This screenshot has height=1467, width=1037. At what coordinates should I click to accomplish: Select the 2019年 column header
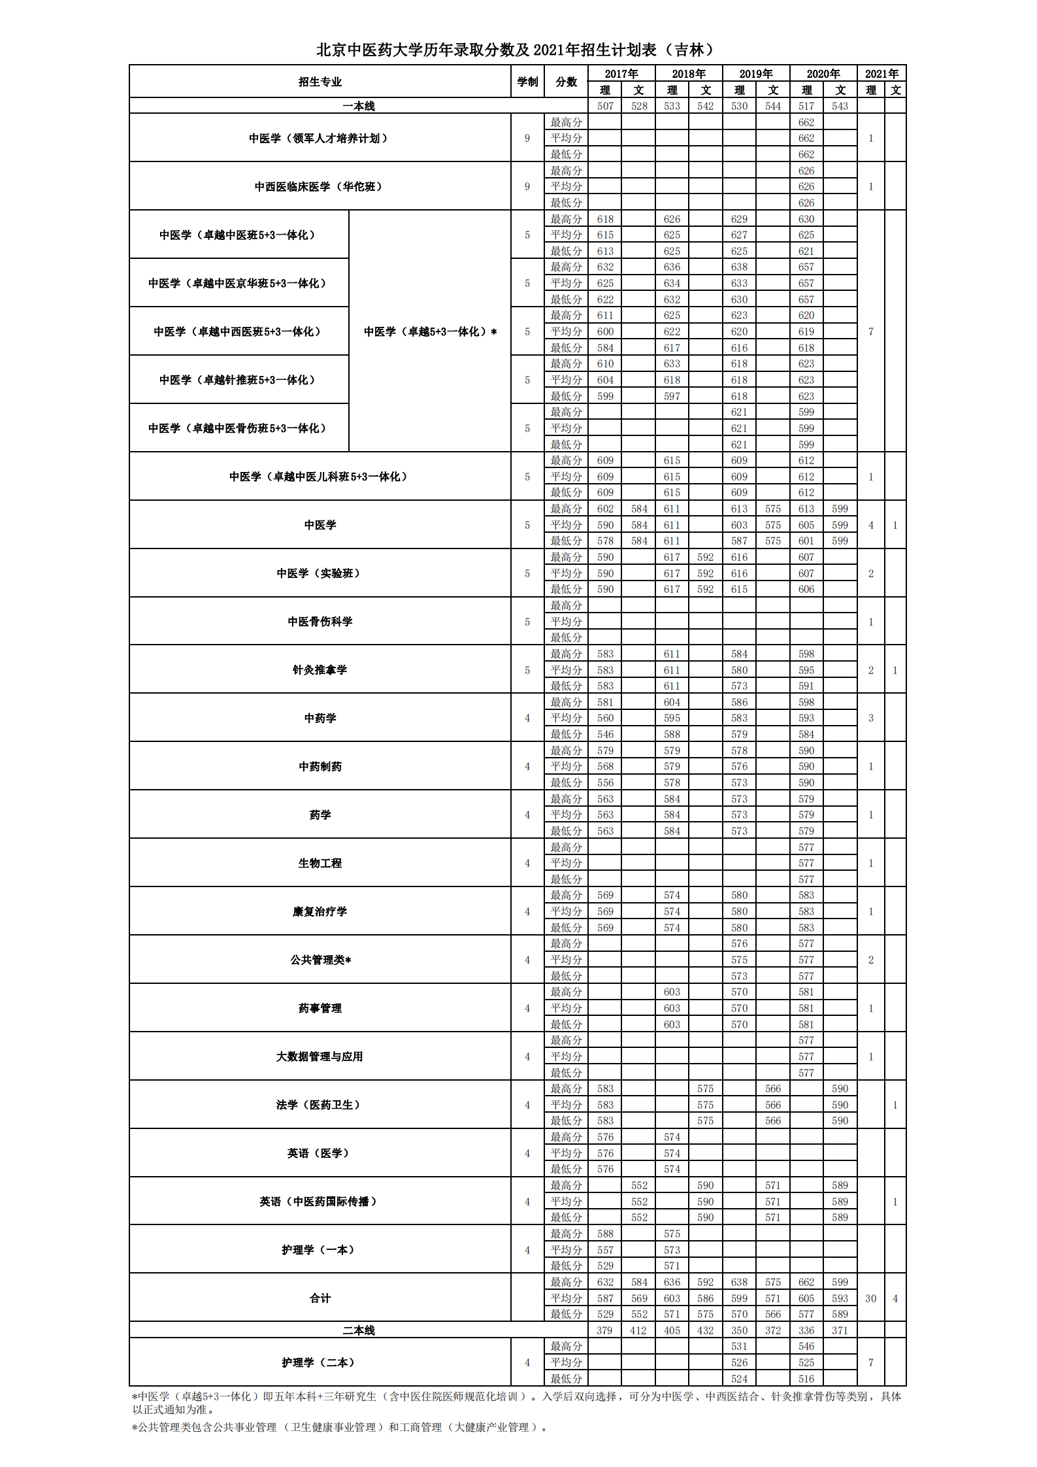tap(755, 74)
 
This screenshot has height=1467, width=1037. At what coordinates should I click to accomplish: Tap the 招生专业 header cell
tap(320, 82)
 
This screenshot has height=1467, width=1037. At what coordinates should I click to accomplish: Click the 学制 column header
tap(527, 82)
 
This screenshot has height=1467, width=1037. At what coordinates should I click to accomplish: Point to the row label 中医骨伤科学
tap(320, 622)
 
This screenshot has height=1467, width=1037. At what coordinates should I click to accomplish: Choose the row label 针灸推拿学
tap(320, 670)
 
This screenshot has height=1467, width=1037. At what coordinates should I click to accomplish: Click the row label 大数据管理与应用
tap(320, 1056)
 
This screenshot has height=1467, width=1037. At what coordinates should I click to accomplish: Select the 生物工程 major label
tap(320, 863)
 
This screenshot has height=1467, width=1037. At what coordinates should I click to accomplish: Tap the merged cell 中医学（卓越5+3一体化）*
tap(430, 331)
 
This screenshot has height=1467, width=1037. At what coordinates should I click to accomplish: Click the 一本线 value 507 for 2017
tap(605, 106)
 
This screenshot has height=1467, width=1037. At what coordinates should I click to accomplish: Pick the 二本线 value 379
tap(604, 1330)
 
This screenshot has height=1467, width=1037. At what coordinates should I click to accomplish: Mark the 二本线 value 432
tap(705, 1330)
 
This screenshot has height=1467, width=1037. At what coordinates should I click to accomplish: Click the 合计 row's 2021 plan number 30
tap(870, 1298)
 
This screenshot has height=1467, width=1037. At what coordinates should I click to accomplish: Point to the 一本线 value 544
tap(772, 106)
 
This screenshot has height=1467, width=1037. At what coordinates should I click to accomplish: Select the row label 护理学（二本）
tap(320, 1362)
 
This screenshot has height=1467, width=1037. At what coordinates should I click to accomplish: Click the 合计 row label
tap(320, 1298)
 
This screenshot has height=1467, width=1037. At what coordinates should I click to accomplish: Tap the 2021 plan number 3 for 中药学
tap(870, 718)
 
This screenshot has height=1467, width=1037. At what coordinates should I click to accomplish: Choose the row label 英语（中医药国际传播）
tap(320, 1202)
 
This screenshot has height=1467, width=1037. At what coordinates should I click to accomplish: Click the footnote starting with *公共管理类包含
tap(340, 1427)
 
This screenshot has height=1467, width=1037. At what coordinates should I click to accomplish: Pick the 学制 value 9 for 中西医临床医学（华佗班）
tap(527, 186)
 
